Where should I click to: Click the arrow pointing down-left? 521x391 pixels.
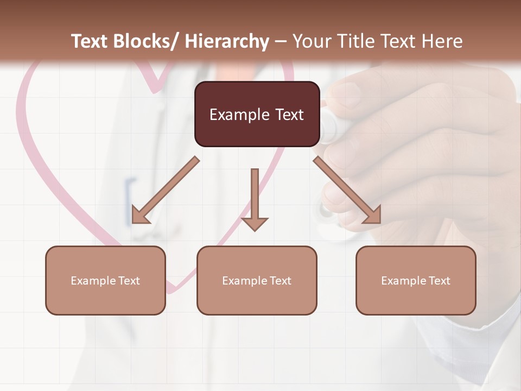click(x=165, y=190)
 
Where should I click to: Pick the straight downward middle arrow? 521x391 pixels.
click(x=255, y=198)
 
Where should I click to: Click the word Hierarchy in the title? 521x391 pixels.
click(x=226, y=41)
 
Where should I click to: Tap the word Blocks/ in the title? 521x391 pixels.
click(x=144, y=41)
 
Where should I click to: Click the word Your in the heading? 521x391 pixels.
click(x=312, y=41)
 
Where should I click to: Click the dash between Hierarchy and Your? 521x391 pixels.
click(x=281, y=41)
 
